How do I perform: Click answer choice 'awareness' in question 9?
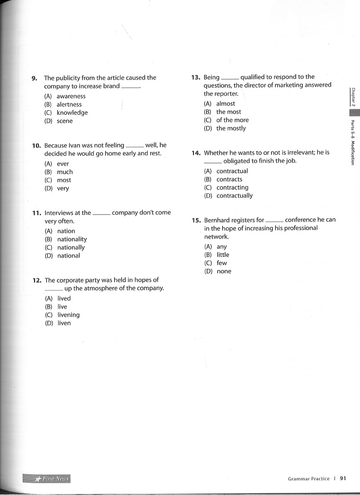pyautogui.click(x=71, y=96)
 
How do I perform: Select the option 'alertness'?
pyautogui.click(x=69, y=105)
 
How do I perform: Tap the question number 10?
pyautogui.click(x=36, y=146)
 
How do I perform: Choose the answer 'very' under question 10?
pyautogui.click(x=63, y=188)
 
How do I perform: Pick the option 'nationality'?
pyautogui.click(x=72, y=239)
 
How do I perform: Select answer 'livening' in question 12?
pyautogui.click(x=68, y=315)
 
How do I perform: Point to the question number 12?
pyautogui.click(x=37, y=280)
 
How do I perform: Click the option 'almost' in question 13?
pyautogui.click(x=226, y=104)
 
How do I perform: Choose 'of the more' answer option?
pyautogui.click(x=232, y=120)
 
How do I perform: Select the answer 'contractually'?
pyautogui.click(x=235, y=196)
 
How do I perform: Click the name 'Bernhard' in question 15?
pyautogui.click(x=218, y=220)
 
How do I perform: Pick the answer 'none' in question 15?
pyautogui.click(x=224, y=272)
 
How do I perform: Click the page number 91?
pyautogui.click(x=343, y=478)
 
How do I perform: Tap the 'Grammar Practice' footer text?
pyautogui.click(x=308, y=479)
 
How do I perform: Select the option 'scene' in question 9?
pyautogui.click(x=65, y=121)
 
